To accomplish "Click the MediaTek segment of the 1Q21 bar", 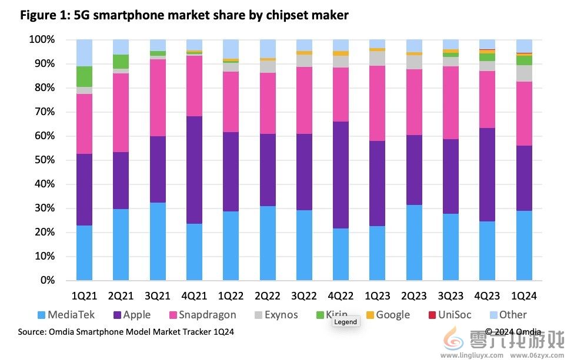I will pyautogui.click(x=84, y=253).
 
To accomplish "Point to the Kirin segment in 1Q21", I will pyautogui.click(x=84, y=76).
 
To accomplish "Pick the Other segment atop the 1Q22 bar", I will pyautogui.click(x=231, y=49).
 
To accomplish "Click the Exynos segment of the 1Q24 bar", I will pyautogui.click(x=524, y=73).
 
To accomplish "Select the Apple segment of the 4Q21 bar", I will pyautogui.click(x=194, y=170).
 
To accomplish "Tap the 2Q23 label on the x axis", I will pyautogui.click(x=414, y=295).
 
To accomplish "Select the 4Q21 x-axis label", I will pyautogui.click(x=194, y=295).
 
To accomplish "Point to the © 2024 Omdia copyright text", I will pyautogui.click(x=513, y=332).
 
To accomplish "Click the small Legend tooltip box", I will pyautogui.click(x=345, y=322).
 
